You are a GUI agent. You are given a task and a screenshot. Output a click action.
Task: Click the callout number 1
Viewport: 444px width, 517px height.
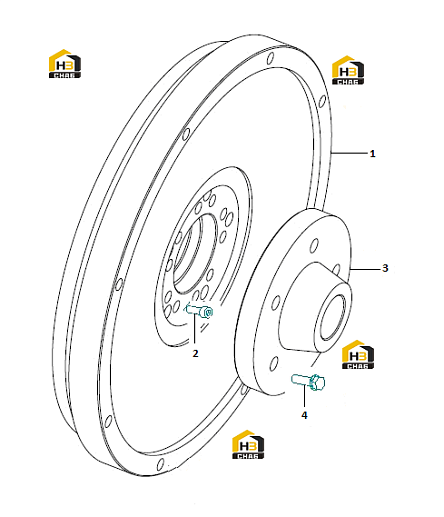coord(372,154)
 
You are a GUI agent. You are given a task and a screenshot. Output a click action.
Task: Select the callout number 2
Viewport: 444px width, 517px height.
coord(195,353)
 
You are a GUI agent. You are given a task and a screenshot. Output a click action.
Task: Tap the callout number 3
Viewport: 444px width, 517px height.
coord(385,268)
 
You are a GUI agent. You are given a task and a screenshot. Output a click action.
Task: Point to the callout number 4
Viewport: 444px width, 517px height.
coord(304,415)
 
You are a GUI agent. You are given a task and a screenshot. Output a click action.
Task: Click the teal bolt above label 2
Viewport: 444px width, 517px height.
coord(199,310)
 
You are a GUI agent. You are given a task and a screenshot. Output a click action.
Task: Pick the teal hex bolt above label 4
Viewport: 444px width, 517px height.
coord(308,381)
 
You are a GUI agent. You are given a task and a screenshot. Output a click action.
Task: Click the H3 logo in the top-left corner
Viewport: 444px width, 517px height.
coord(65,64)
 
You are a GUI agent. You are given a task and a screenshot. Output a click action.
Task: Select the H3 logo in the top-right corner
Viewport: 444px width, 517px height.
coord(348,70)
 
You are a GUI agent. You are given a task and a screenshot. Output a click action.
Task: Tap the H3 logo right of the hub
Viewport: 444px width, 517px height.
coord(358,355)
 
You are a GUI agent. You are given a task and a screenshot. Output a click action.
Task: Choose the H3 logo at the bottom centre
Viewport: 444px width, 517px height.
coord(248,445)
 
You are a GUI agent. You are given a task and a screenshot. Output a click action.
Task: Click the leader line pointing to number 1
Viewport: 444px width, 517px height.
coord(349,153)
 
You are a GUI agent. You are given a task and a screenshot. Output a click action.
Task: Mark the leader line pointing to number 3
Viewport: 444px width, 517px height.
coord(365,268)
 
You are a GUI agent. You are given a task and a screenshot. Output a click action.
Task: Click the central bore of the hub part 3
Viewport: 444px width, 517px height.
coord(333,318)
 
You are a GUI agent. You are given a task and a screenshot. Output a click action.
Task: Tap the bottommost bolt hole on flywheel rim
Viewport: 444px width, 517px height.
coord(160,464)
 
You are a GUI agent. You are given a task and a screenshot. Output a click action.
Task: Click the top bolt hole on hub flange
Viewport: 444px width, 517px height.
coord(314,246)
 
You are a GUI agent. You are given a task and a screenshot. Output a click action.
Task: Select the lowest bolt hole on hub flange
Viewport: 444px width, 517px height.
coord(274,363)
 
